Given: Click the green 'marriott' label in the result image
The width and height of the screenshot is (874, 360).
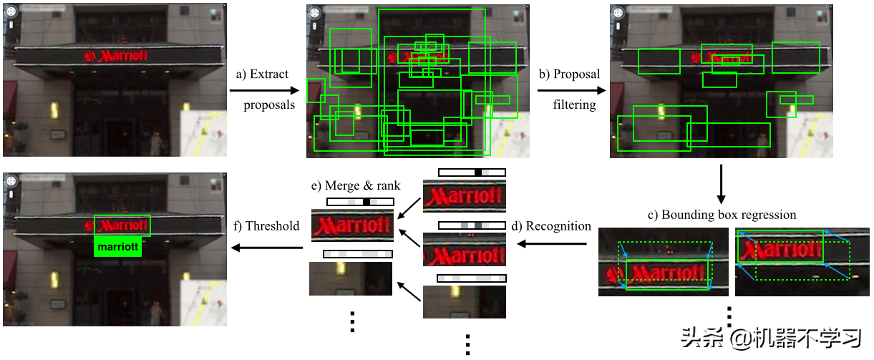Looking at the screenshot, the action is [x=117, y=246].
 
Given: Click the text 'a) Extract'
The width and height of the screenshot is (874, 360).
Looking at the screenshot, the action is [x=262, y=74].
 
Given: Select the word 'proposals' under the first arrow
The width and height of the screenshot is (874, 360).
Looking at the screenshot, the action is [x=269, y=105].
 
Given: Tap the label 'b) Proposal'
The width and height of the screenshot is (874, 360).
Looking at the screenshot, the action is [x=569, y=74].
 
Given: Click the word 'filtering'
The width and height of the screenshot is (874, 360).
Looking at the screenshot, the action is [x=574, y=104].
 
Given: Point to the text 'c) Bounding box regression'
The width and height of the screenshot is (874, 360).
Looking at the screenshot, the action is [x=722, y=215].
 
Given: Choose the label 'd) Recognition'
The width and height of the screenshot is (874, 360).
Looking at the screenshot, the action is [x=551, y=226].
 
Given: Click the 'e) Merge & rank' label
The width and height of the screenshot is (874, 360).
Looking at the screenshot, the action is [x=356, y=185].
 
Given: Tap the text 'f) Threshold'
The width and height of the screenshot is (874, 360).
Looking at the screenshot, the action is [x=266, y=226].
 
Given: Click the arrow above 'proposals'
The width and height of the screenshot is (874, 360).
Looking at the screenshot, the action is [x=264, y=90].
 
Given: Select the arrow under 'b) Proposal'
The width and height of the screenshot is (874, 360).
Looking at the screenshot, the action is [x=572, y=90].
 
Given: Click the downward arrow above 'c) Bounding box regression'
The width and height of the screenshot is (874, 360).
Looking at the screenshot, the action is [x=721, y=184].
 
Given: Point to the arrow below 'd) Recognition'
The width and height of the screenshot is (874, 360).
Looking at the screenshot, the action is [x=552, y=244].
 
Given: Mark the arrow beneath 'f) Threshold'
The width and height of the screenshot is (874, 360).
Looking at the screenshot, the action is [x=267, y=248].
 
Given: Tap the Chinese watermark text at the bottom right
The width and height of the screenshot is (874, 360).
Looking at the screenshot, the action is [x=771, y=338].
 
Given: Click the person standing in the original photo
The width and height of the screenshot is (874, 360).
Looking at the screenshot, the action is [x=155, y=144].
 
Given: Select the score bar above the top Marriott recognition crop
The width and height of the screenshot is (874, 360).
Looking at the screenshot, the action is [x=472, y=172].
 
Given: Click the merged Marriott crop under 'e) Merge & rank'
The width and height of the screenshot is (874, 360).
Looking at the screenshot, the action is [x=352, y=225].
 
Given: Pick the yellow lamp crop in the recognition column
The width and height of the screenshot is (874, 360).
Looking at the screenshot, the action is [x=465, y=302].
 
